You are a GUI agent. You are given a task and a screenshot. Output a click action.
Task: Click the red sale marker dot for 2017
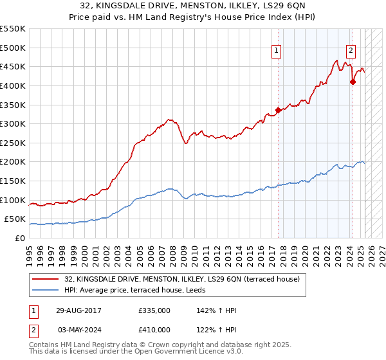click(x=278, y=110)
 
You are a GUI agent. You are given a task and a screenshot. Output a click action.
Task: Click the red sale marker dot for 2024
click(x=353, y=82)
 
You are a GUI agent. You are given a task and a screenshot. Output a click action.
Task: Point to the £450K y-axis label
click(x=13, y=66)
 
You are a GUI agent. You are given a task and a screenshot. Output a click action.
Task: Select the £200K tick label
click(x=13, y=162)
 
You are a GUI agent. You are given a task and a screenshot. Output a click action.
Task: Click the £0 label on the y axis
click(x=21, y=239)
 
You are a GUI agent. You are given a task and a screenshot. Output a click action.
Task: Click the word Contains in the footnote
click(x=46, y=345)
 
